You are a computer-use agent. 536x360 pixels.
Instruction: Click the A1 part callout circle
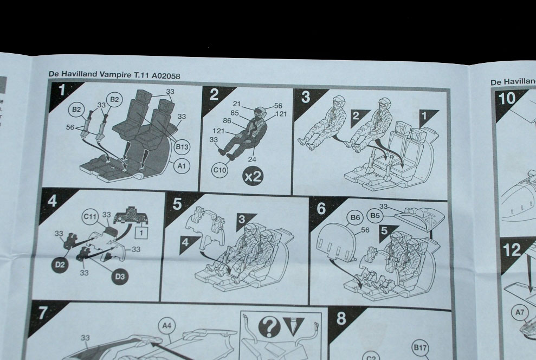(182, 168)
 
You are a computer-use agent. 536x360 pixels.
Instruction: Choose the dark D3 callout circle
(121, 277)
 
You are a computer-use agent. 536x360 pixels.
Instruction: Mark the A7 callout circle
(520, 312)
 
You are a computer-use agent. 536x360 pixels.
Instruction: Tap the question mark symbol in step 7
(268, 327)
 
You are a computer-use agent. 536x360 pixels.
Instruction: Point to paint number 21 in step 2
(236, 104)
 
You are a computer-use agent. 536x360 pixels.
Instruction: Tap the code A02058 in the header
(161, 75)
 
